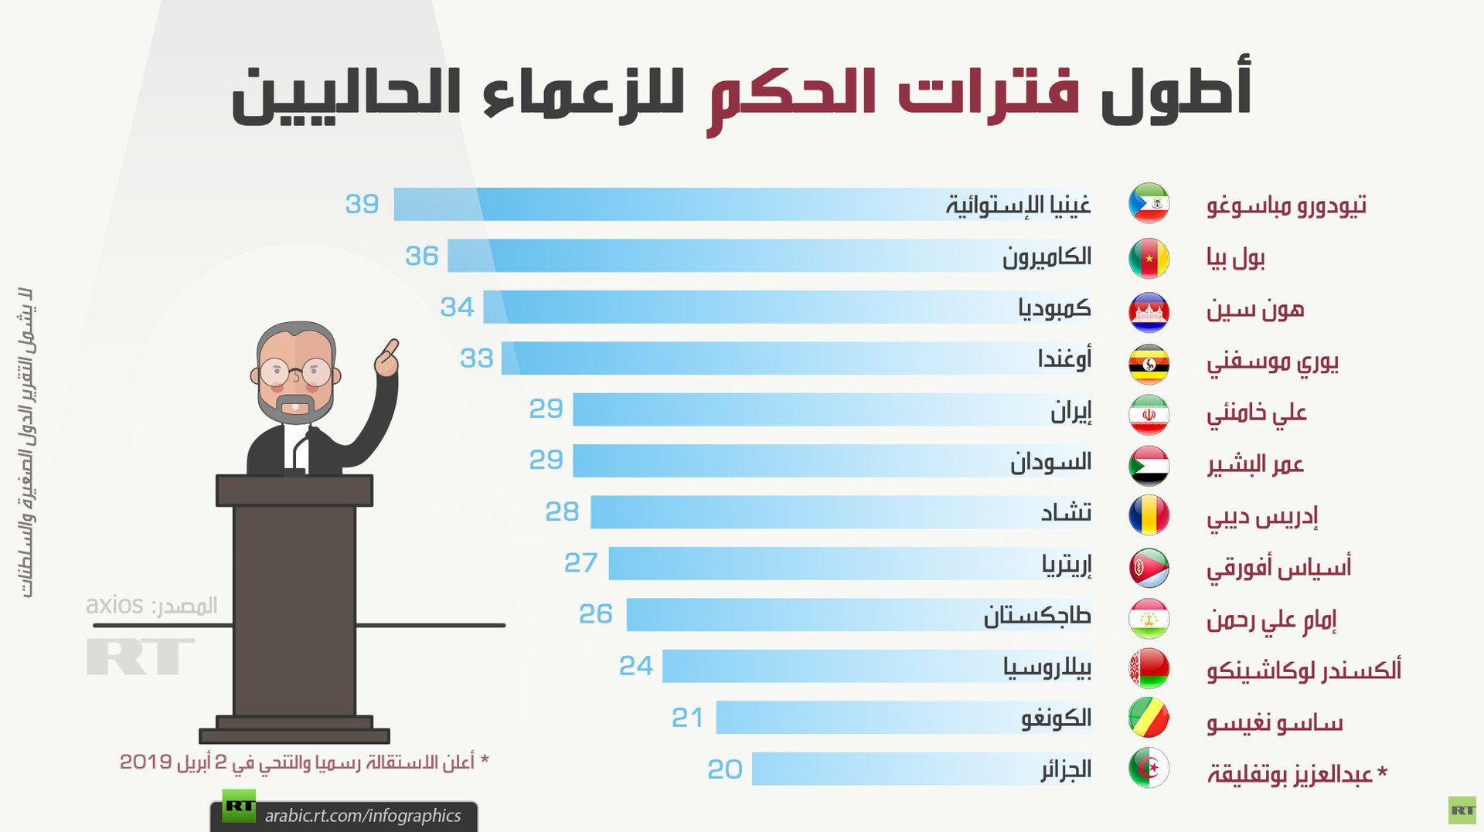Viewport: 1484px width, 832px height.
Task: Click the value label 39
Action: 362,204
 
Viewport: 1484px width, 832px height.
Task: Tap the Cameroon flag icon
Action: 1149,258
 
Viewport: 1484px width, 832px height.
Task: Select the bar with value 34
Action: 788,307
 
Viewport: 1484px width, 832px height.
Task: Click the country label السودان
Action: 1050,462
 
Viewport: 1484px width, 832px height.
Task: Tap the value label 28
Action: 562,511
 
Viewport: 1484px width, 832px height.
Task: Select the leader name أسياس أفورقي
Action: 1279,568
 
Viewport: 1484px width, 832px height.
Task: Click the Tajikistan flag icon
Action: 1149,619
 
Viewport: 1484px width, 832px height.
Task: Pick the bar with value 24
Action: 877,666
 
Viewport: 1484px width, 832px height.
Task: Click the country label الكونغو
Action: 1056,718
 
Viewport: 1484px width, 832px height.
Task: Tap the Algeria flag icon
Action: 1149,768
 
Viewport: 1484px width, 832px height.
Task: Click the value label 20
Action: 725,769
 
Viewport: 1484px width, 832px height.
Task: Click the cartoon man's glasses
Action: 295,372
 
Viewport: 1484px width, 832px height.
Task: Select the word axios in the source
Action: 114,605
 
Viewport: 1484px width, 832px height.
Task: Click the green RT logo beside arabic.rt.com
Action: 239,807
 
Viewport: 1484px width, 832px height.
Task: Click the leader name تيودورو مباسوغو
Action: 1286,205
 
